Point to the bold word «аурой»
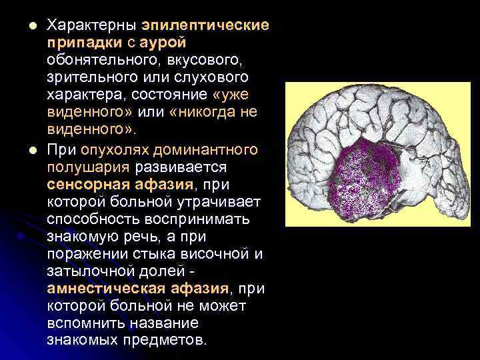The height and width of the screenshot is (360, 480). (x=157, y=43)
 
